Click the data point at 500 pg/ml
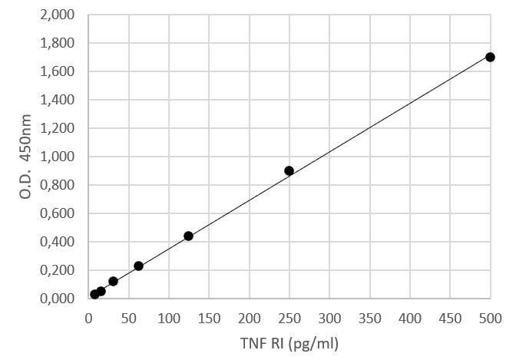[491, 57]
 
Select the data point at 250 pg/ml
[289, 170]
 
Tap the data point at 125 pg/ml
[189, 236]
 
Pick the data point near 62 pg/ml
[138, 266]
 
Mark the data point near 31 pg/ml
[114, 281]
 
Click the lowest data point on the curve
[94, 294]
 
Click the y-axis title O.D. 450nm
[25, 156]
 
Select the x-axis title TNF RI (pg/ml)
[289, 342]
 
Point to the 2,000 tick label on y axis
[58, 15]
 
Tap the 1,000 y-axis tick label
[58, 157]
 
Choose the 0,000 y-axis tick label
[58, 299]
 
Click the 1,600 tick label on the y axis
[58, 72]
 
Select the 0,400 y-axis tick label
[58, 242]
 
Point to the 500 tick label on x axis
[491, 317]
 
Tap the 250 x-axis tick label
[289, 317]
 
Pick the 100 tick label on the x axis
[169, 317]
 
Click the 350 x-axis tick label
[370, 317]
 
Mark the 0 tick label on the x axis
[88, 317]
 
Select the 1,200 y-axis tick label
[58, 128]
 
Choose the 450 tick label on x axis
[451, 317]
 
